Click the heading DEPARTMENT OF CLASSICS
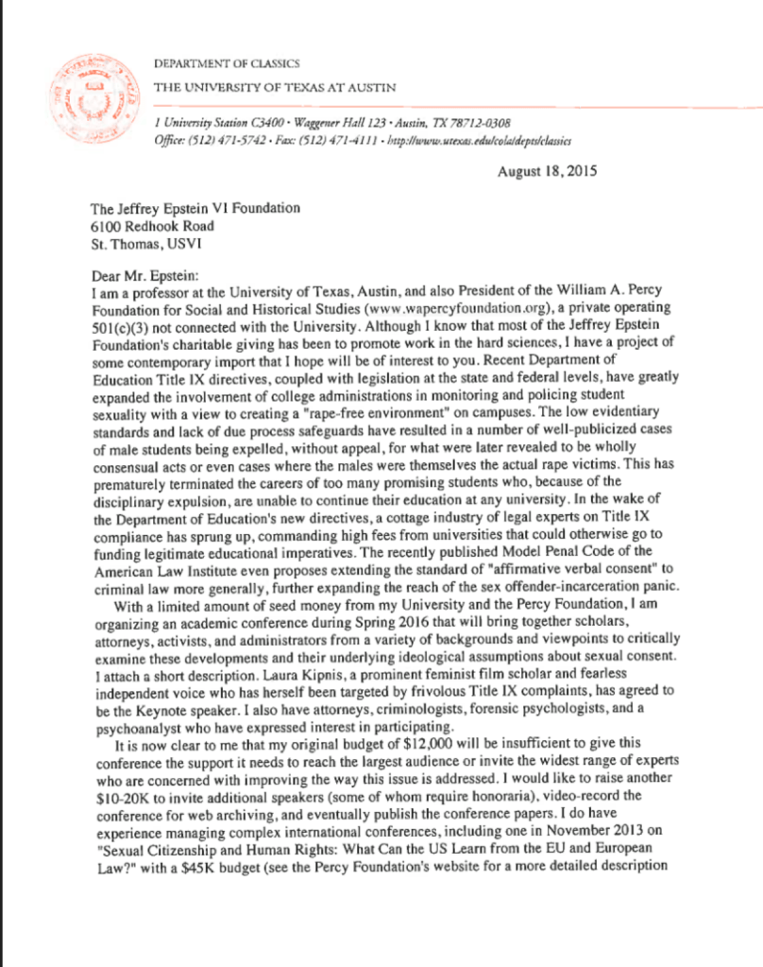point(227,64)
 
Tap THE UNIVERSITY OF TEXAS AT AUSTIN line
point(274,88)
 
